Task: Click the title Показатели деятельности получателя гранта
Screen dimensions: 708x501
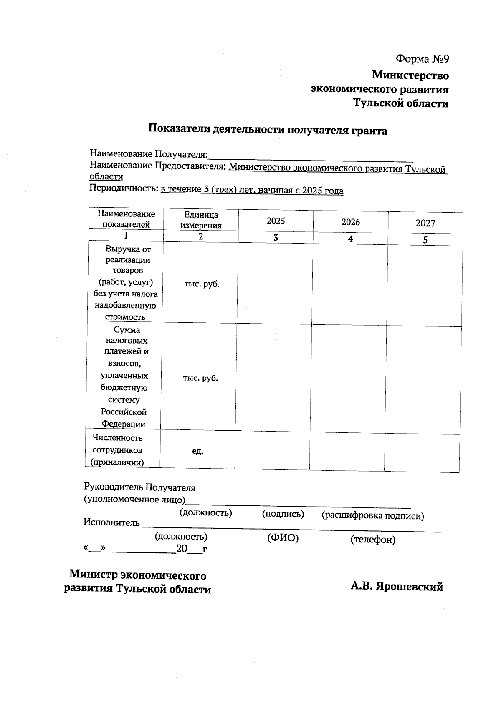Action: (x=268, y=131)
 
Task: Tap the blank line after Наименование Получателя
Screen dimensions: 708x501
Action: (x=311, y=156)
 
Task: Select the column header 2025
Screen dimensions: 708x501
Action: (x=276, y=221)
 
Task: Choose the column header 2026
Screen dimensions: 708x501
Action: (x=350, y=222)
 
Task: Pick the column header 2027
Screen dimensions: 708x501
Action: (x=425, y=223)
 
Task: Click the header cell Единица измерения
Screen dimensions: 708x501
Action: (x=201, y=220)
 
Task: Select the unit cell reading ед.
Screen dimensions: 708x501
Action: (x=197, y=451)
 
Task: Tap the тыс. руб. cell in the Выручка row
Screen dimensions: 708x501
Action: (x=202, y=284)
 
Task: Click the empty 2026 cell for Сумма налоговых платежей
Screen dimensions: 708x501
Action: (x=348, y=379)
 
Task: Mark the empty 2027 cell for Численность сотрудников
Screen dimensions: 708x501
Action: (x=422, y=453)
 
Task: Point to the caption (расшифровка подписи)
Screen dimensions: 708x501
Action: (x=372, y=516)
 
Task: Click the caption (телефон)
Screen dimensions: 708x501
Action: (x=372, y=540)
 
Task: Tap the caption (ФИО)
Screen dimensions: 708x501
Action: (x=283, y=538)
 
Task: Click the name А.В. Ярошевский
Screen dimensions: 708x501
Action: (x=396, y=587)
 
